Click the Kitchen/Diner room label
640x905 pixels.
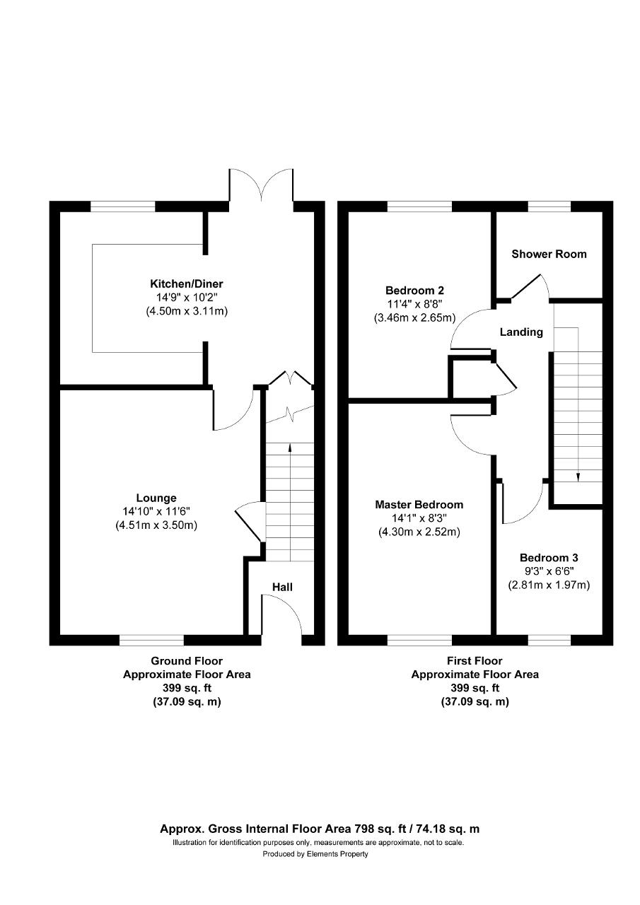click(186, 284)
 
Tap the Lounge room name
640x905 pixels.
click(156, 498)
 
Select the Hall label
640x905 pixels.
click(282, 587)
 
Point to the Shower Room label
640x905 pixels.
click(549, 254)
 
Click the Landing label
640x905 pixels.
click(521, 332)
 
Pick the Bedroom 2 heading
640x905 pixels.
click(414, 291)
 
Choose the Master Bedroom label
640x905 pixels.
click(419, 505)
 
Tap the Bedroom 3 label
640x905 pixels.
click(549, 558)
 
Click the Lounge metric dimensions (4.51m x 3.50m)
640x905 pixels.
click(156, 525)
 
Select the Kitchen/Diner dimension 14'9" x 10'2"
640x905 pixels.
click(187, 298)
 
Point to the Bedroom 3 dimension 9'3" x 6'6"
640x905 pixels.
click(549, 571)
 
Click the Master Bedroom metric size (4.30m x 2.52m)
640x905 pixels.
click(419, 532)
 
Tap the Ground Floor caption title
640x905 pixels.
click(187, 661)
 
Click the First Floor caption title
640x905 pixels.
click(475, 661)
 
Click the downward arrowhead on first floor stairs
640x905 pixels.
click(578, 477)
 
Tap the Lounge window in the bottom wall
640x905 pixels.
click(151, 640)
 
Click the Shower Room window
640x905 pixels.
click(549, 206)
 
